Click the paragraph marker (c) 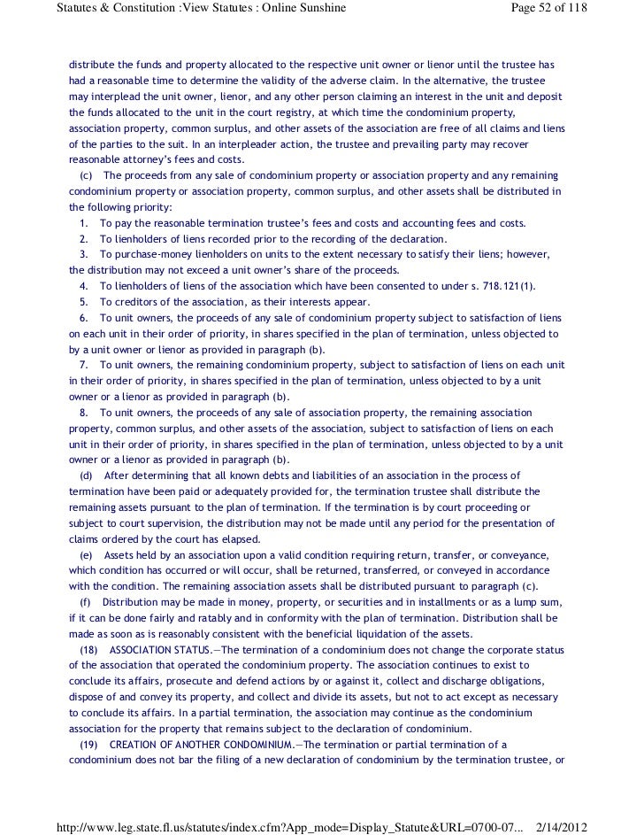tap(86, 175)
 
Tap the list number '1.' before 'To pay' tap(84, 223)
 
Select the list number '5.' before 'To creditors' tap(84, 302)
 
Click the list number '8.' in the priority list tap(84, 413)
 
